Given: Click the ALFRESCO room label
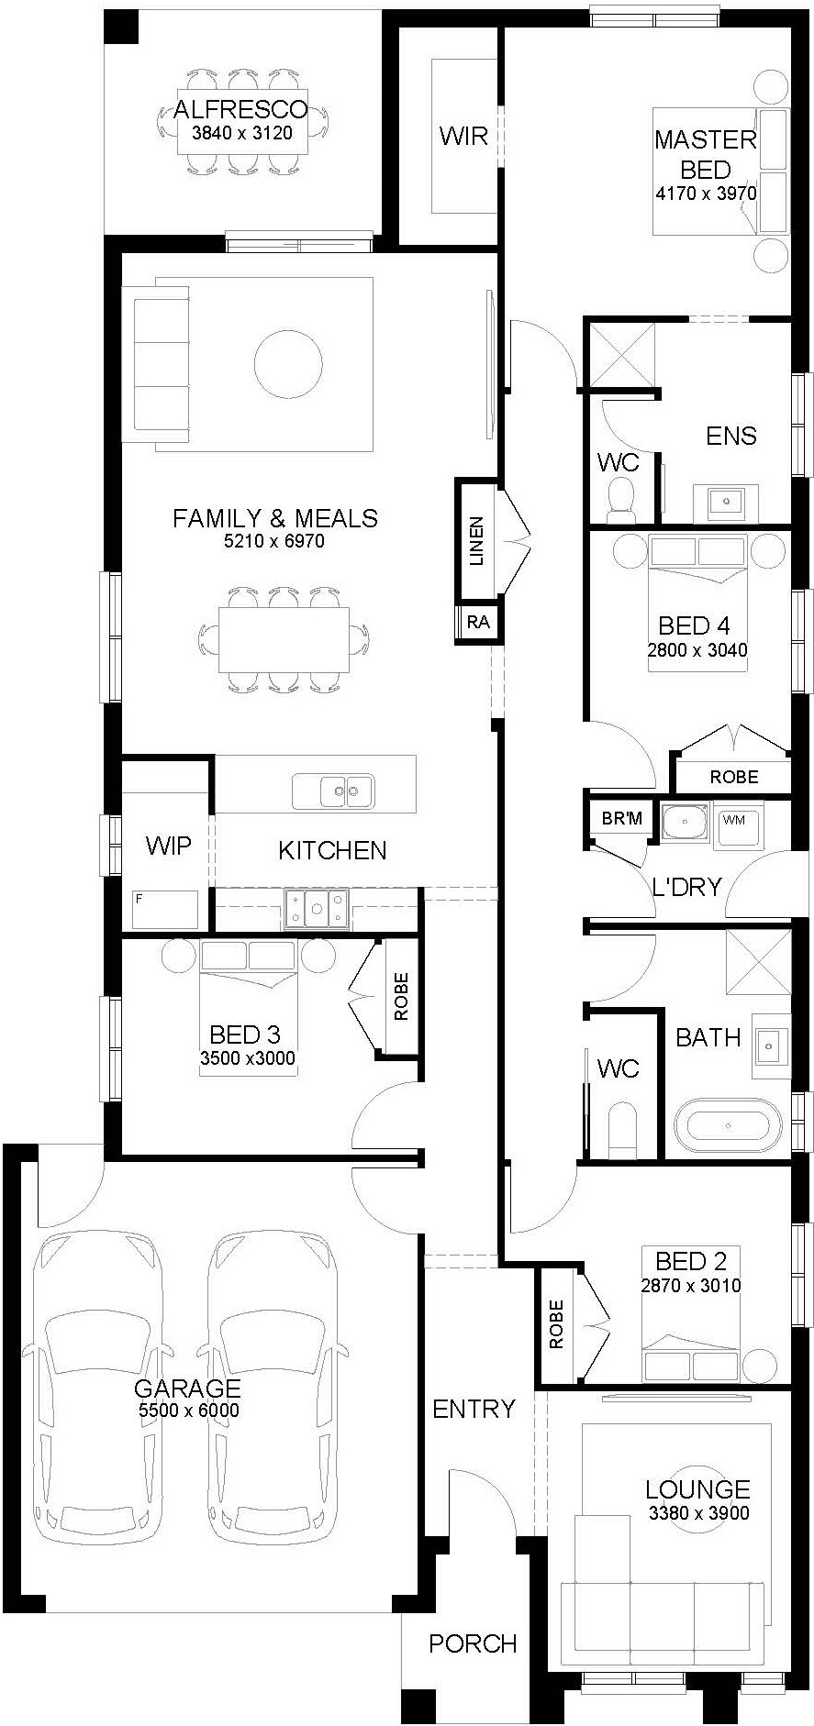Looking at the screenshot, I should click(240, 110).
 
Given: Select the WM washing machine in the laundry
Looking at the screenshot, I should click(734, 820).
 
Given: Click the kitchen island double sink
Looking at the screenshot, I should click(333, 790).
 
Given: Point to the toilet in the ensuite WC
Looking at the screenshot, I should click(622, 499).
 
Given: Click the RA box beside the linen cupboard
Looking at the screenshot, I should click(478, 623).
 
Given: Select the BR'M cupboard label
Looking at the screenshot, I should click(622, 818).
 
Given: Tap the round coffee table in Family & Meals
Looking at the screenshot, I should click(288, 363).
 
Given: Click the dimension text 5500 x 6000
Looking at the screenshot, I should click(188, 1411).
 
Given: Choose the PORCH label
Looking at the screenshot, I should click(473, 1643).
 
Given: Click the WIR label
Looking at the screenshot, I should click(463, 136).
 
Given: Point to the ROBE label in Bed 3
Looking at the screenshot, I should click(401, 997).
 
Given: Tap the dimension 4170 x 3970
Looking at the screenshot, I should click(706, 194).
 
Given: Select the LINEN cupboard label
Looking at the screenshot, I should click(476, 541).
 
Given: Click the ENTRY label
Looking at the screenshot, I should click(474, 1409).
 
